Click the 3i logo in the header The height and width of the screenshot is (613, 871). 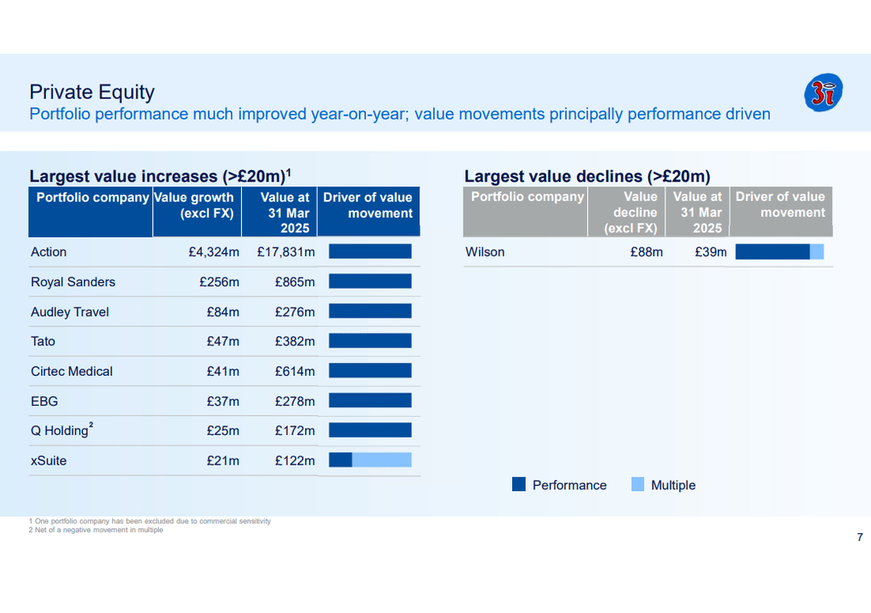click(x=823, y=92)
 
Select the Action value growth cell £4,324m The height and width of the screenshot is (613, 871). click(x=214, y=252)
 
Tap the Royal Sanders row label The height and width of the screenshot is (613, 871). click(x=73, y=282)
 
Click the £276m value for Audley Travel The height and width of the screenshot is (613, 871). click(x=294, y=312)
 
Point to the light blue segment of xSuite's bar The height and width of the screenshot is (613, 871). click(x=381, y=460)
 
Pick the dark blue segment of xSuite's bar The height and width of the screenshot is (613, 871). click(x=340, y=460)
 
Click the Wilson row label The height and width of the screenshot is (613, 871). click(x=485, y=252)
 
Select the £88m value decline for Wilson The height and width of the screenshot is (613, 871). click(x=646, y=252)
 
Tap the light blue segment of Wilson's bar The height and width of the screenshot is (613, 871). click(x=817, y=252)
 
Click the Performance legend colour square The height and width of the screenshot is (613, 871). click(x=519, y=485)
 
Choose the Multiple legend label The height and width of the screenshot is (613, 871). click(x=673, y=486)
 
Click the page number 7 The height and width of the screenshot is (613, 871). click(x=860, y=538)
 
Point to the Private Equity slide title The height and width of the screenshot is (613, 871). click(x=91, y=92)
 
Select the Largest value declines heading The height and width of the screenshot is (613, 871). click(x=586, y=176)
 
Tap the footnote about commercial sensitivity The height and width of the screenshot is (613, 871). click(x=150, y=521)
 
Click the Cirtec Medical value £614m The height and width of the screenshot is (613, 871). click(x=294, y=372)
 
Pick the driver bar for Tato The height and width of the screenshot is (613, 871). click(x=370, y=340)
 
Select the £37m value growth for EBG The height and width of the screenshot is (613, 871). click(x=223, y=402)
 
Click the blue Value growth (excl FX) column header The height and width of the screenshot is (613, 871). click(x=196, y=206)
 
